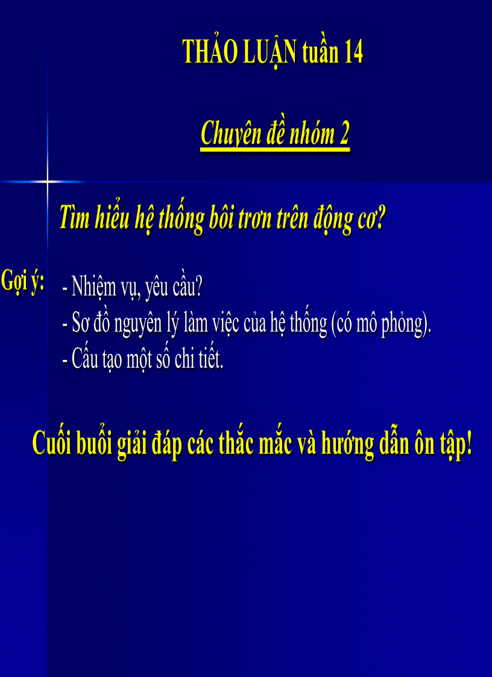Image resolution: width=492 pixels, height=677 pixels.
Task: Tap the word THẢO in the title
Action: point(204,54)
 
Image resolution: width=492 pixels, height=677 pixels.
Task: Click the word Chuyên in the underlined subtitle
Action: point(225,134)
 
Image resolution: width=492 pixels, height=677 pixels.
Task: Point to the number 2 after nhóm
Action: point(344,134)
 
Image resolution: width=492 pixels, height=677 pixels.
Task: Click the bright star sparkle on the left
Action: point(48,181)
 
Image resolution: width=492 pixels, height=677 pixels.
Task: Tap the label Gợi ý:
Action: point(24,282)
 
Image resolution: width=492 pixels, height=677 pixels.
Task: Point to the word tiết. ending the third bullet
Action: point(210,360)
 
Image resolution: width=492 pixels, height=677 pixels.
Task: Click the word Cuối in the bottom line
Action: point(52,445)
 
